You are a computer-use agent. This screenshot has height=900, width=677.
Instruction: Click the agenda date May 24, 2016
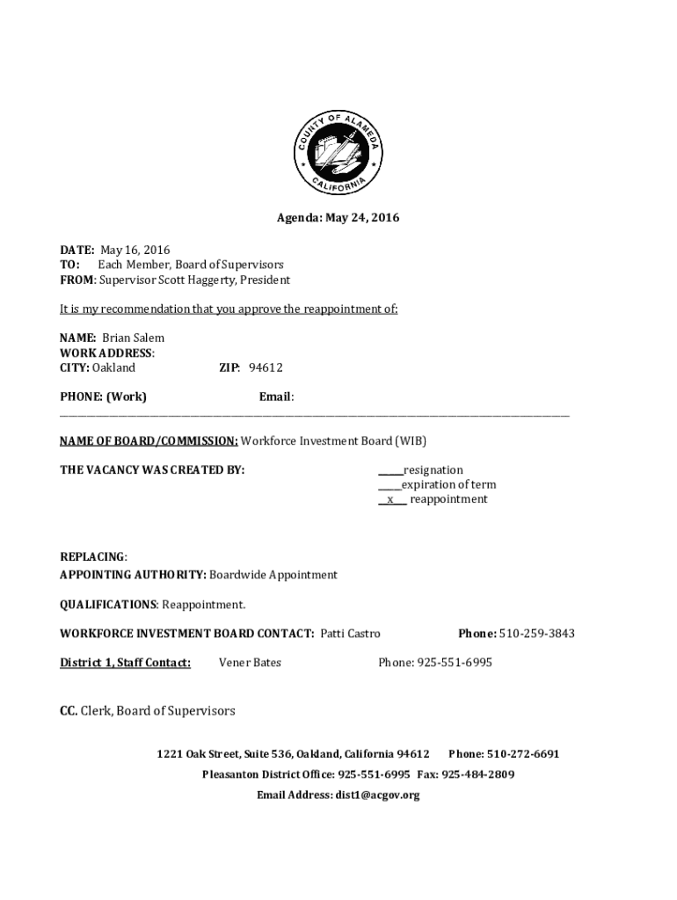click(362, 218)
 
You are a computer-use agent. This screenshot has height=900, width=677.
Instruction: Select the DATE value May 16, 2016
click(135, 250)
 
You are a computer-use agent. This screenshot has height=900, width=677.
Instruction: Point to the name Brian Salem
click(133, 338)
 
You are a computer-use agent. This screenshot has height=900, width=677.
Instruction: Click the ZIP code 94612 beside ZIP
click(265, 368)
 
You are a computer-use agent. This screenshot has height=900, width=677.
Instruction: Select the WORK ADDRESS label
click(106, 353)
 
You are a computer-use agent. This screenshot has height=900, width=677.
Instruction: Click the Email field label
click(275, 397)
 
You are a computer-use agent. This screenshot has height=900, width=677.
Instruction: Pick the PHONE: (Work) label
click(103, 397)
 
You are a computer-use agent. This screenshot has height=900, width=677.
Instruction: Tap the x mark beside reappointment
click(390, 500)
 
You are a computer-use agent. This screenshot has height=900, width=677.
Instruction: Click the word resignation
click(432, 470)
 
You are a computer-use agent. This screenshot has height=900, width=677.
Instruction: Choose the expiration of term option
click(448, 485)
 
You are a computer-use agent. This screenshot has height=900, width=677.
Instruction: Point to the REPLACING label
click(92, 557)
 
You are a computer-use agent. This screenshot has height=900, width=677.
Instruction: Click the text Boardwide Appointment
click(273, 575)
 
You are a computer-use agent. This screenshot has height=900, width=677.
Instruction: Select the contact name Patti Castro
click(350, 634)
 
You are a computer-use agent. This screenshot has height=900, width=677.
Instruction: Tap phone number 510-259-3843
click(537, 634)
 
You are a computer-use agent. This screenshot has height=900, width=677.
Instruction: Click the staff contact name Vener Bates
click(250, 663)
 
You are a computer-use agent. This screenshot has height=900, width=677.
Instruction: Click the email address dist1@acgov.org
click(376, 795)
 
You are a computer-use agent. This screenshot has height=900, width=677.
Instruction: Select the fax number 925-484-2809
click(477, 775)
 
